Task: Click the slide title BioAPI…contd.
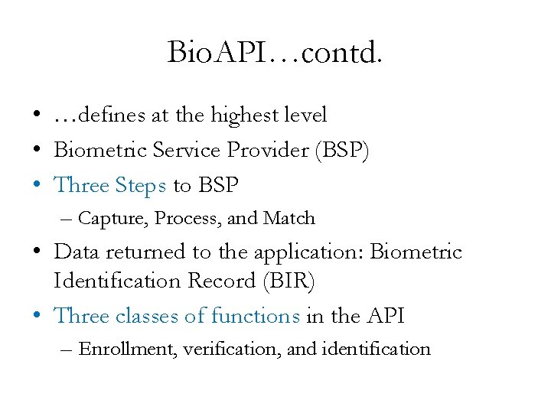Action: (x=275, y=53)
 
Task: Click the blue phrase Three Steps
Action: (x=111, y=186)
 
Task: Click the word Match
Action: (x=289, y=219)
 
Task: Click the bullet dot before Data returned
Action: (x=37, y=252)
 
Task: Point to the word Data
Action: (x=77, y=252)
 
